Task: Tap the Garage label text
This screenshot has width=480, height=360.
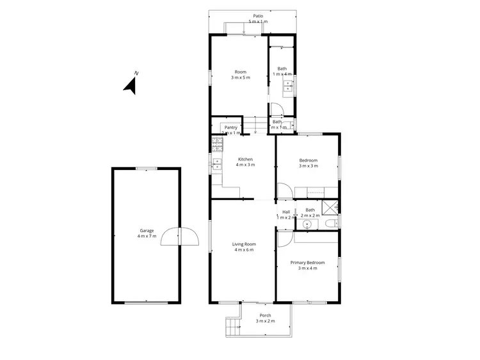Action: (x=147, y=231)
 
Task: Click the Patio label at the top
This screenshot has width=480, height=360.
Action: (x=258, y=17)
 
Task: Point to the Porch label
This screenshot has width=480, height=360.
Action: (x=265, y=315)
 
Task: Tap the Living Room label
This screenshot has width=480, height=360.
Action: (x=243, y=244)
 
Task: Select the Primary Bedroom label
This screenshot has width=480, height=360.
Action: (x=307, y=263)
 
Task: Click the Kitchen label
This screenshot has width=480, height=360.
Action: (x=246, y=159)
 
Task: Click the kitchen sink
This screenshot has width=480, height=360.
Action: (x=217, y=165)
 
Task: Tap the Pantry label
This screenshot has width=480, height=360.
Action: (x=230, y=127)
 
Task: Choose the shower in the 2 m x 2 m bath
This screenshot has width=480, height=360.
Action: (x=331, y=206)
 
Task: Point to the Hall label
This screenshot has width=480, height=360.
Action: (x=286, y=212)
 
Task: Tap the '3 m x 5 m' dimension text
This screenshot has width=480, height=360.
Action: (x=241, y=77)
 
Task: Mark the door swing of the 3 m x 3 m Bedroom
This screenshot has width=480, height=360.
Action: (x=284, y=191)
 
